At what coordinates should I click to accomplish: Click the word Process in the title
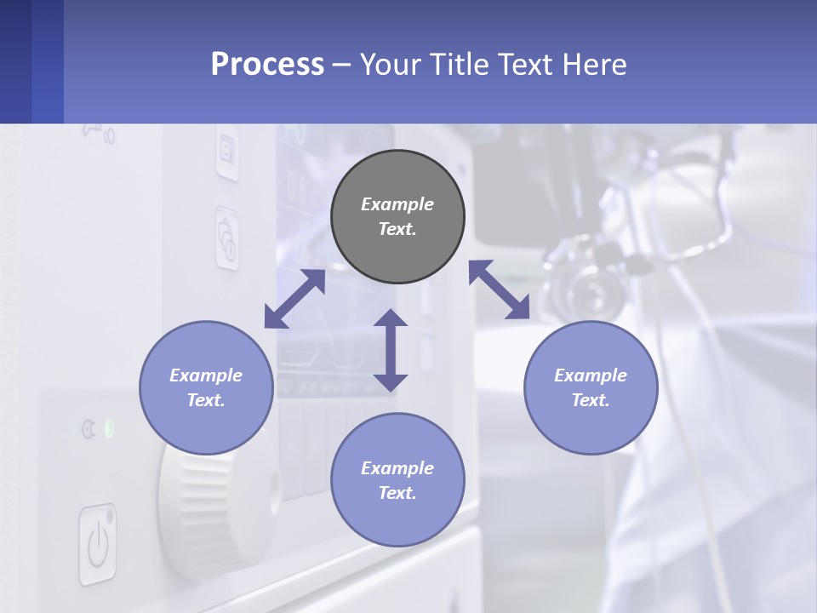pyautogui.click(x=267, y=65)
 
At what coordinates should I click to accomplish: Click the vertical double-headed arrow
pyautogui.click(x=391, y=350)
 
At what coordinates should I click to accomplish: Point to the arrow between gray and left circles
pyautogui.click(x=294, y=299)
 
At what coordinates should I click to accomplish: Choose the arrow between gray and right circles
pyautogui.click(x=499, y=289)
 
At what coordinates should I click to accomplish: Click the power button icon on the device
pyautogui.click(x=98, y=544)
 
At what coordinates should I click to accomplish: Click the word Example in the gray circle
pyautogui.click(x=397, y=204)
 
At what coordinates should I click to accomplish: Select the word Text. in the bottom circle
pyautogui.click(x=397, y=493)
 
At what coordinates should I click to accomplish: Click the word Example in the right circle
pyautogui.click(x=591, y=375)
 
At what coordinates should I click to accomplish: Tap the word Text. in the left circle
pyautogui.click(x=206, y=400)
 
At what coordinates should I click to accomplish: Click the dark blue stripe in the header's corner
pyautogui.click(x=15, y=61)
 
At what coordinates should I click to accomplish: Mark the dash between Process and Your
pyautogui.click(x=341, y=65)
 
